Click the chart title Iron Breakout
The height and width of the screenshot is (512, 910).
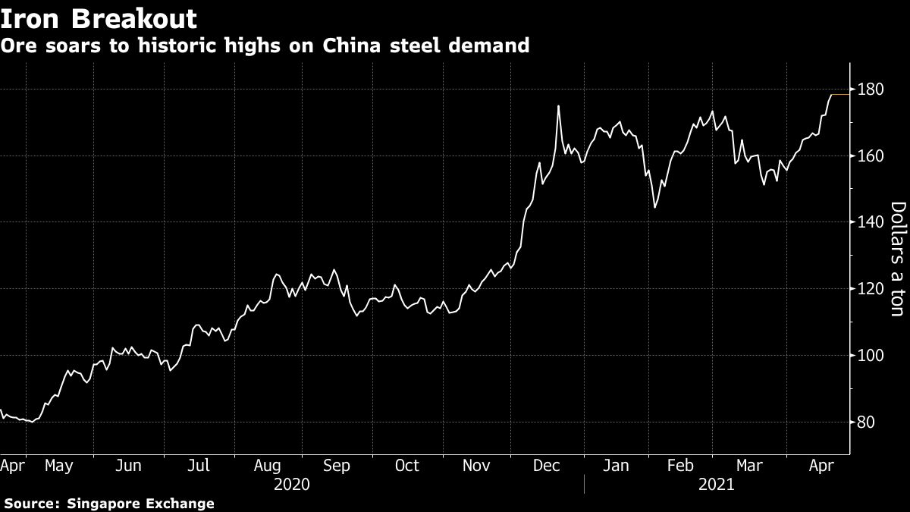[x=99, y=18]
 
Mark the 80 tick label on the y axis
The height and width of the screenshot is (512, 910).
[x=867, y=422]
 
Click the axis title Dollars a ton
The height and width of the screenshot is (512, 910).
[x=897, y=259]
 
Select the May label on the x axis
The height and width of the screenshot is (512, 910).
[x=58, y=466]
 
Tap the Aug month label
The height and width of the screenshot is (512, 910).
[x=268, y=466]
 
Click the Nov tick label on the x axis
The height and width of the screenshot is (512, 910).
[x=477, y=466]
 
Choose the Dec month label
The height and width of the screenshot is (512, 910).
[x=546, y=466]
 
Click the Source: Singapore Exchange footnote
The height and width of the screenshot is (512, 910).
[x=108, y=503]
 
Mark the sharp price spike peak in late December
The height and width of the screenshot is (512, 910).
[x=558, y=106]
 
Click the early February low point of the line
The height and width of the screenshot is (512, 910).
[x=655, y=206]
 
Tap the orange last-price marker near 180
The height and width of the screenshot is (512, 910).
[x=840, y=95]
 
